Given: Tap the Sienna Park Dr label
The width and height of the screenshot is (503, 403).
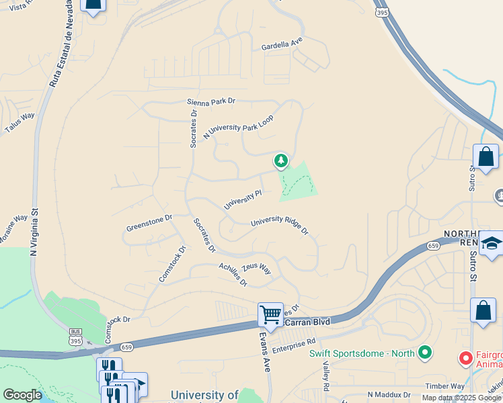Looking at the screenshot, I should (211, 101).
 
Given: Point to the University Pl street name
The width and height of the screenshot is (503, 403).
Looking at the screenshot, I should (242, 199).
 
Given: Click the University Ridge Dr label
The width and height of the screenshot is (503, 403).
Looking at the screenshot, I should (279, 226).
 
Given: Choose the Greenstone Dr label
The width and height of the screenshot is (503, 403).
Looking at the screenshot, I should (149, 223).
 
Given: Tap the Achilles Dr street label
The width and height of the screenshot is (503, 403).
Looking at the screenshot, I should (233, 273).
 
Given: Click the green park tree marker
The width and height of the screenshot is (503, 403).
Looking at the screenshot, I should (280, 161).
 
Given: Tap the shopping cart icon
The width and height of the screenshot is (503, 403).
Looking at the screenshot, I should (270, 314).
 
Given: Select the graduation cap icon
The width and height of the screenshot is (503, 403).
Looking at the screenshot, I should (492, 244).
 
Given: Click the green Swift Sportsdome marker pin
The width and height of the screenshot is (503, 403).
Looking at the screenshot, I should (424, 352).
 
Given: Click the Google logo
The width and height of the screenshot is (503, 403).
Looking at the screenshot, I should (22, 395).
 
